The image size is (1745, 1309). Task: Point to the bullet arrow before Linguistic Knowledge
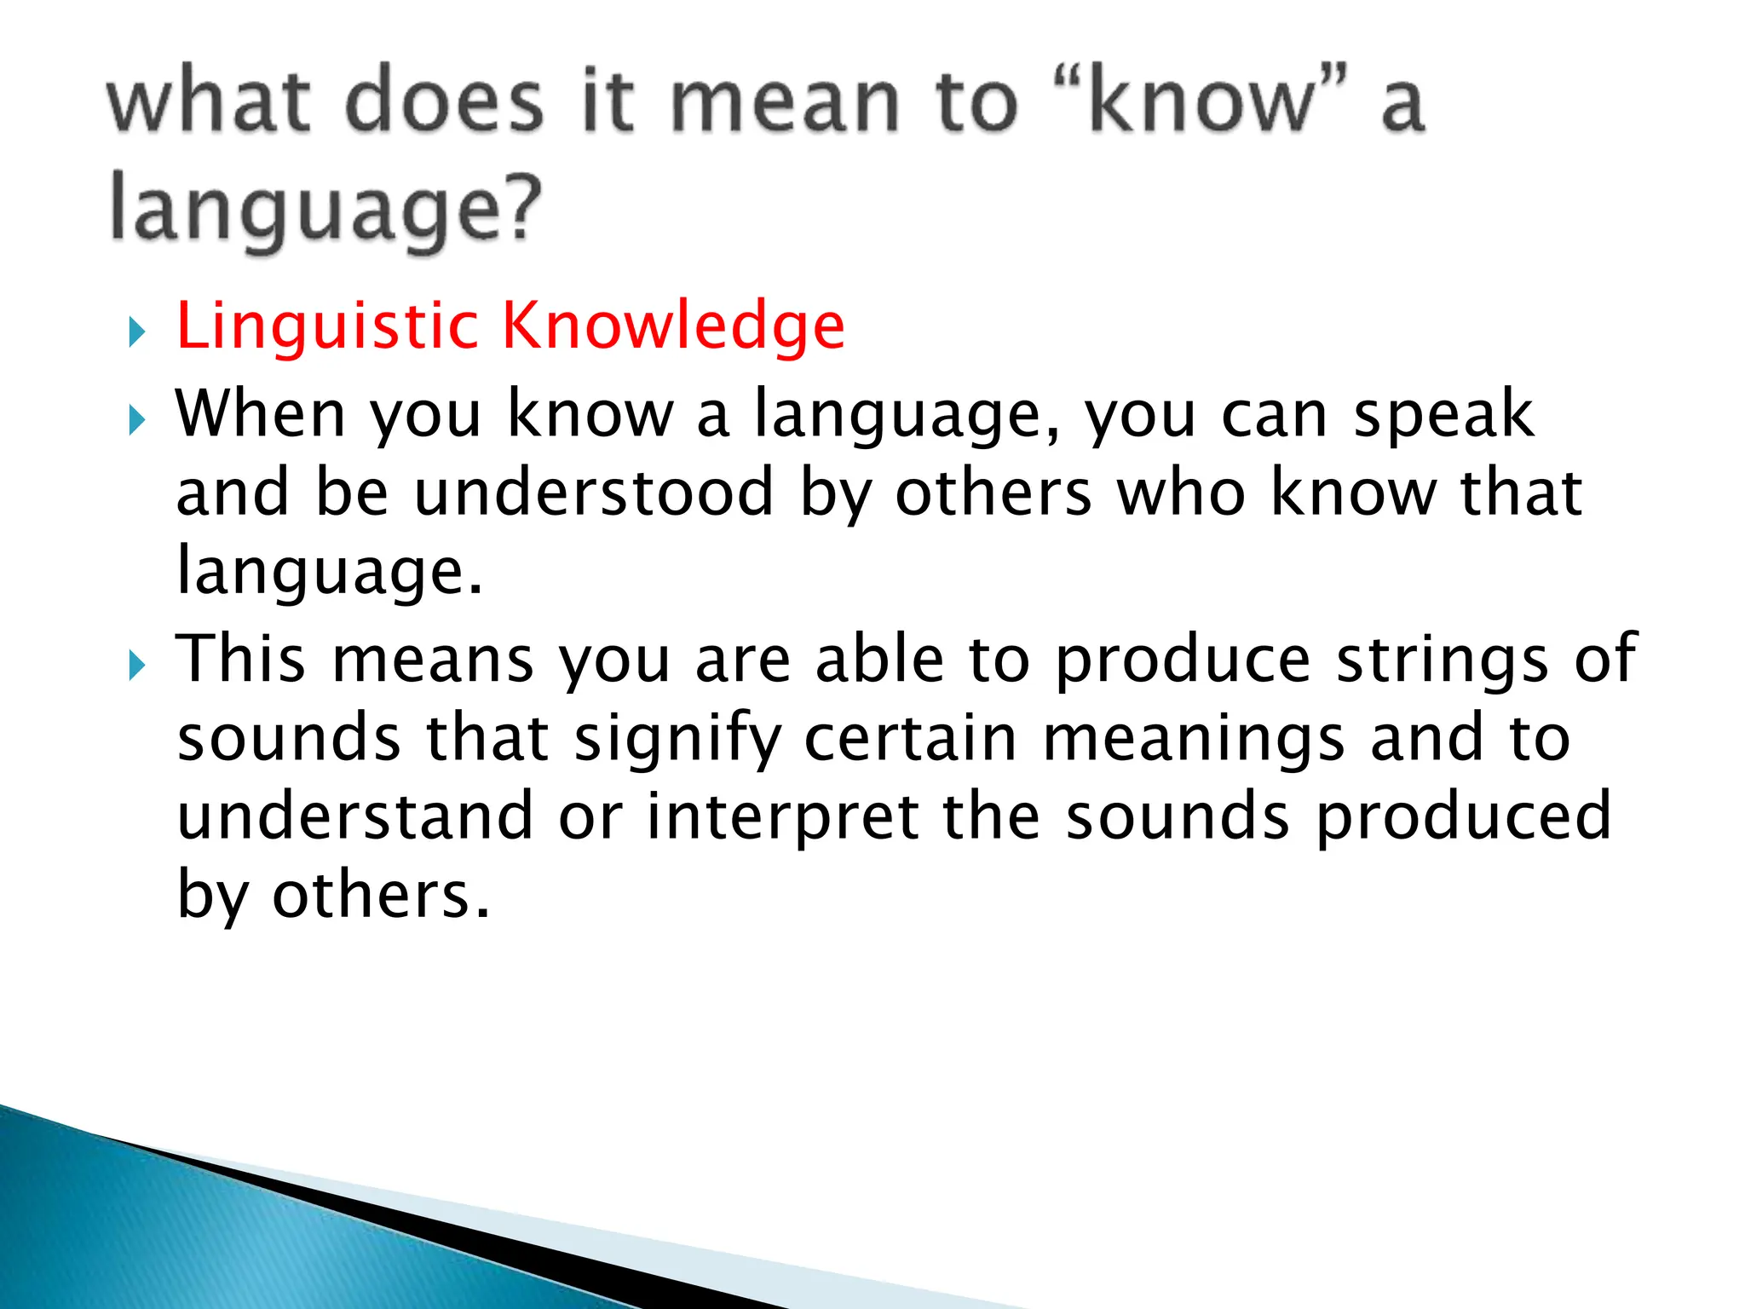137,332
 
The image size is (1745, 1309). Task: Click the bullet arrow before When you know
137,419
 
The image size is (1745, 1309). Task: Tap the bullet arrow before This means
137,665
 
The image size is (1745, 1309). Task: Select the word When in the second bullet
260,414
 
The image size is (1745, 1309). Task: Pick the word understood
594,493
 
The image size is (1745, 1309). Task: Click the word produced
1463,816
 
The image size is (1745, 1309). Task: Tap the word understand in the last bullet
354,816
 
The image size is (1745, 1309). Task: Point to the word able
879,660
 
